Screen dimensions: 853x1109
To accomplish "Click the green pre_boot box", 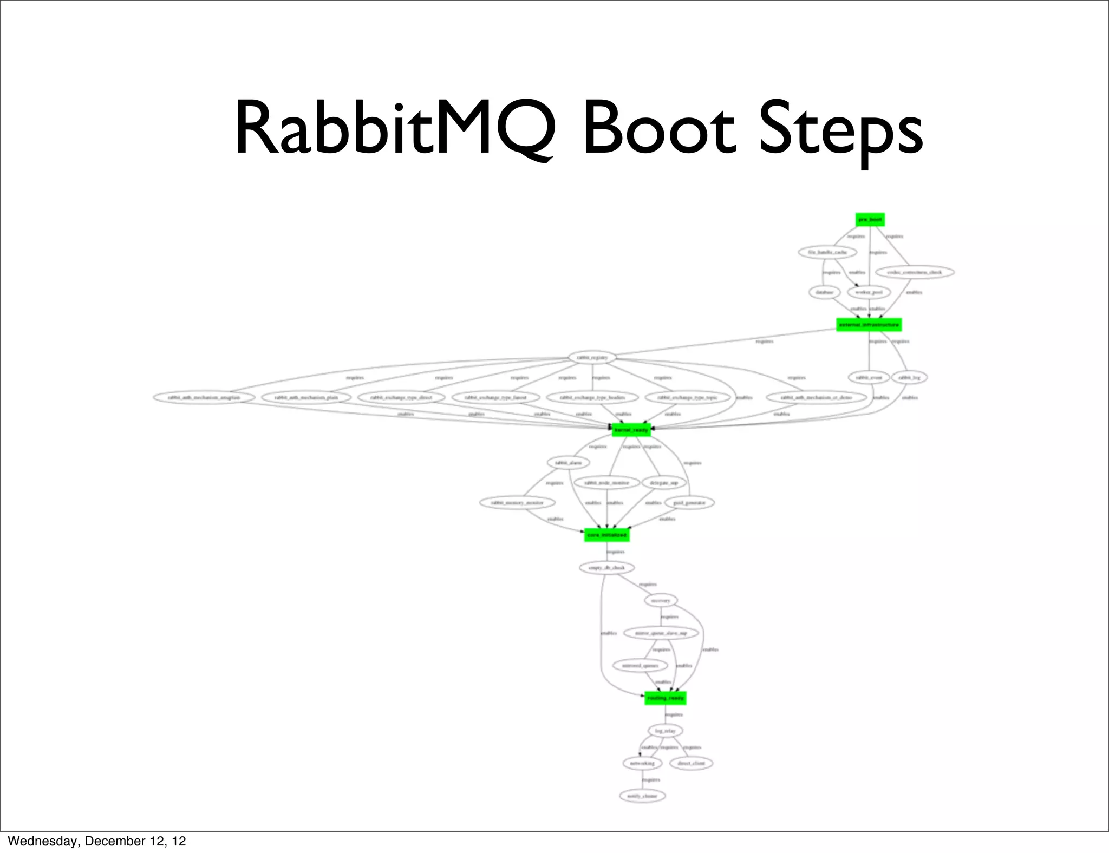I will (870, 220).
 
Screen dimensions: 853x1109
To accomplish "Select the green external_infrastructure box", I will (869, 325).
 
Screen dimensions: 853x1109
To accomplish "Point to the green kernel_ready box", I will (631, 430).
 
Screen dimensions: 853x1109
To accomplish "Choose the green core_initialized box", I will (606, 535).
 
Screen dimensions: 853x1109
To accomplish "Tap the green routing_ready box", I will (665, 698).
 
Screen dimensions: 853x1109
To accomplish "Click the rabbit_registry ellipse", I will (592, 357).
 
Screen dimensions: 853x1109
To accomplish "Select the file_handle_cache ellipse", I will (827, 252).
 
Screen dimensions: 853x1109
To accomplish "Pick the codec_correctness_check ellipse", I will (914, 272).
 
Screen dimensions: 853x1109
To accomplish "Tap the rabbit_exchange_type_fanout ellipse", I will (495, 397).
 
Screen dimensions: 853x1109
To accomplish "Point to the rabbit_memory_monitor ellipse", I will (517, 503).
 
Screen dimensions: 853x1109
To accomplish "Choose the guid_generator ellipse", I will (689, 503).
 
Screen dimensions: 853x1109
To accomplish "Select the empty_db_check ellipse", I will (606, 568).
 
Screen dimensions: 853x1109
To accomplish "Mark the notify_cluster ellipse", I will (642, 796).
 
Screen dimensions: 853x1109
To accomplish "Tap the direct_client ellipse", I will (692, 763).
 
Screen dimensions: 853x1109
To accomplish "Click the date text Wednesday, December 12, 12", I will (97, 841).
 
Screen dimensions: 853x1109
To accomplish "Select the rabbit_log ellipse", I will (909, 377).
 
